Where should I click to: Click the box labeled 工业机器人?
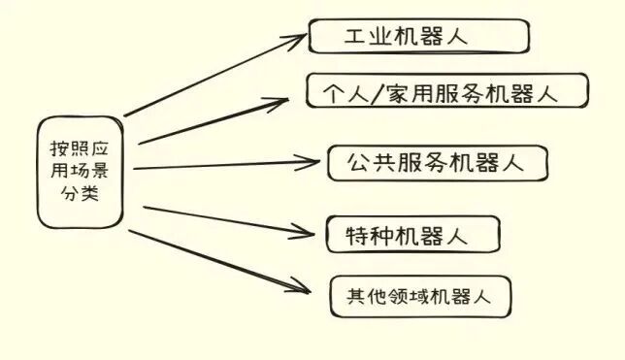coord(419,37)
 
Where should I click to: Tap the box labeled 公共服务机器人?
coord(436,163)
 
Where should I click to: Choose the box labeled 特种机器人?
coord(411,235)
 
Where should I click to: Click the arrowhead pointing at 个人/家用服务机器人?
coord(285,99)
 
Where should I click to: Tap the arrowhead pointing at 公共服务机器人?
coord(314,164)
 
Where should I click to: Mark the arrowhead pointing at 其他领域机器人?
coord(306,288)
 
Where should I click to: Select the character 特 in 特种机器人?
coord(356,236)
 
